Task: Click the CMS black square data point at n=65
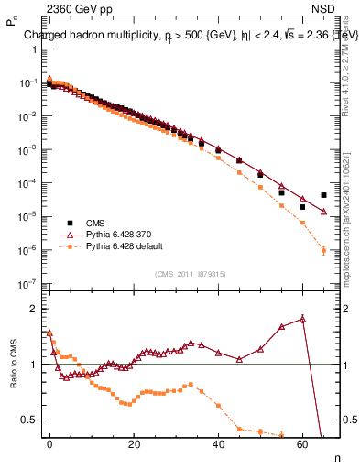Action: pyautogui.click(x=323, y=195)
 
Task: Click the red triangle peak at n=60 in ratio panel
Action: pyautogui.click(x=302, y=319)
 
